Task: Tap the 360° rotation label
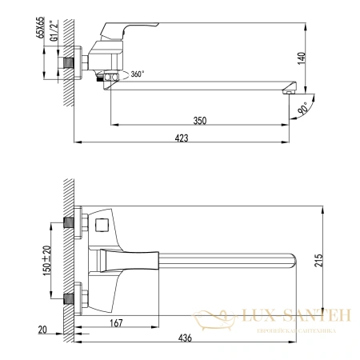[x=138, y=74]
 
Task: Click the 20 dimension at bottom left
[x=42, y=329]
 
